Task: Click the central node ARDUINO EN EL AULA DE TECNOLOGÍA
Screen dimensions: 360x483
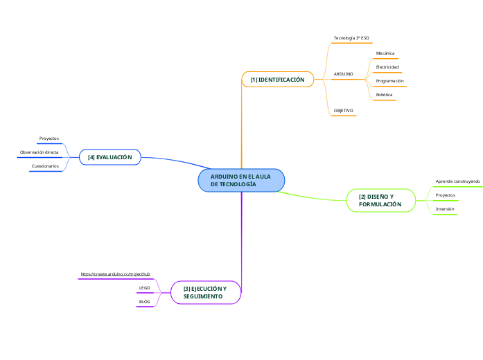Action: pos(241,181)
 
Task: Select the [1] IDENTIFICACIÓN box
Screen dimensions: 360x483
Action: pos(277,80)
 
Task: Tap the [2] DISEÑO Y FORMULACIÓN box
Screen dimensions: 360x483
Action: pos(380,201)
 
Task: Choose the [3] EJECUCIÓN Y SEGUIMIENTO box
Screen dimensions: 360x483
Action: pos(205,291)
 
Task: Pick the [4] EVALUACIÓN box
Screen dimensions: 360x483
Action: pos(110,157)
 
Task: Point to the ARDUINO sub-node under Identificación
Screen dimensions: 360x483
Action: pos(343,73)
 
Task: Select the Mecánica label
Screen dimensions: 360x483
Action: pos(385,53)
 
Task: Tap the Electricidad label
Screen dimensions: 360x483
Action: pos(387,66)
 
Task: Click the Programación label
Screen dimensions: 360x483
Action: pos(389,80)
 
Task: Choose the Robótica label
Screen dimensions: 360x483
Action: pos(385,94)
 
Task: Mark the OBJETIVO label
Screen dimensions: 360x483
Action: pos(344,110)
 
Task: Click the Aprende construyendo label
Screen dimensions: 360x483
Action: pos(457,181)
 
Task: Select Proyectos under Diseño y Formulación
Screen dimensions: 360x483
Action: pos(445,195)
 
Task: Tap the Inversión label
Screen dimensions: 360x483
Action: pos(445,208)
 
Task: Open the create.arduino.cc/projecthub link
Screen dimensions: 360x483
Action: pos(115,274)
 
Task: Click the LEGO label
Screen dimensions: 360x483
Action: pos(145,287)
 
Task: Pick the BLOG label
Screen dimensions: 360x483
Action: pos(145,301)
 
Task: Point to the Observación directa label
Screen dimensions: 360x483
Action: pos(39,152)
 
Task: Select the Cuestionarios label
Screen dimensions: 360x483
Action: pos(44,166)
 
